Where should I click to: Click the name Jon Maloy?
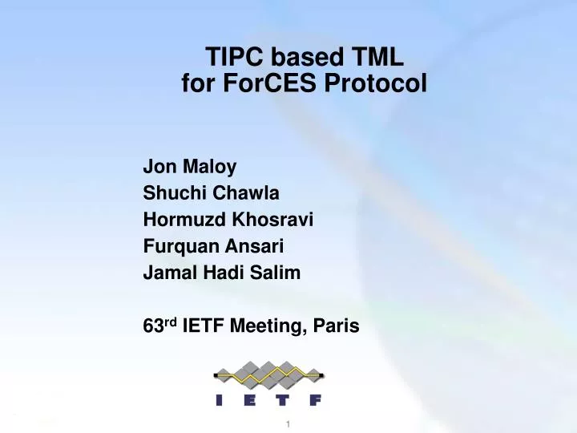pyautogui.click(x=190, y=167)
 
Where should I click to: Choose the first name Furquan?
pyautogui.click(x=176, y=246)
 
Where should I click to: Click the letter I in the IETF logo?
pyautogui.click(x=220, y=401)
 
